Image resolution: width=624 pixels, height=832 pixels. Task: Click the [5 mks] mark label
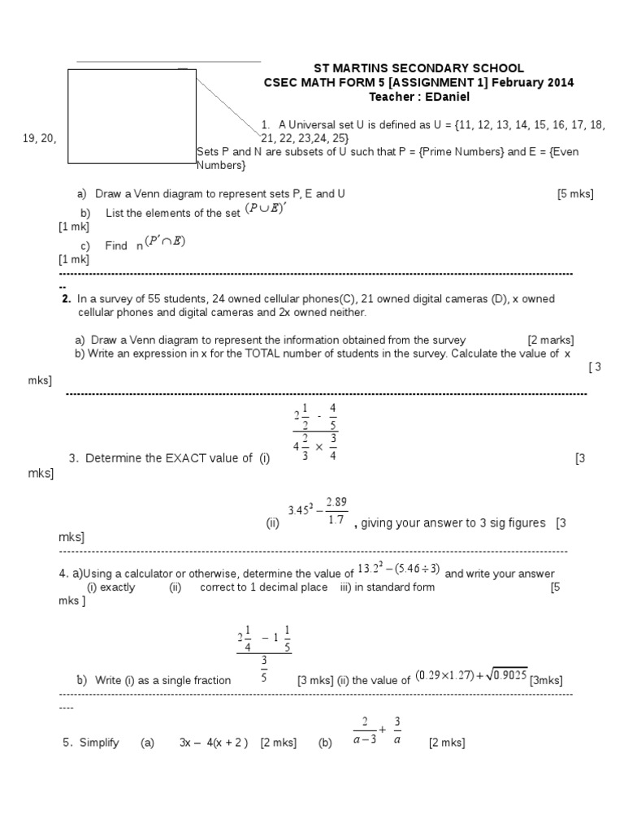pyautogui.click(x=575, y=194)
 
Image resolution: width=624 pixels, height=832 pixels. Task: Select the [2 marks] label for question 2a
pyautogui.click(x=551, y=340)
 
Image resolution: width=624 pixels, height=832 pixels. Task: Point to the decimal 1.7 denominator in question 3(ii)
pyautogui.click(x=336, y=519)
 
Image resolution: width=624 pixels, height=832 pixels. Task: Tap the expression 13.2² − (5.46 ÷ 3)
pyautogui.click(x=399, y=572)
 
